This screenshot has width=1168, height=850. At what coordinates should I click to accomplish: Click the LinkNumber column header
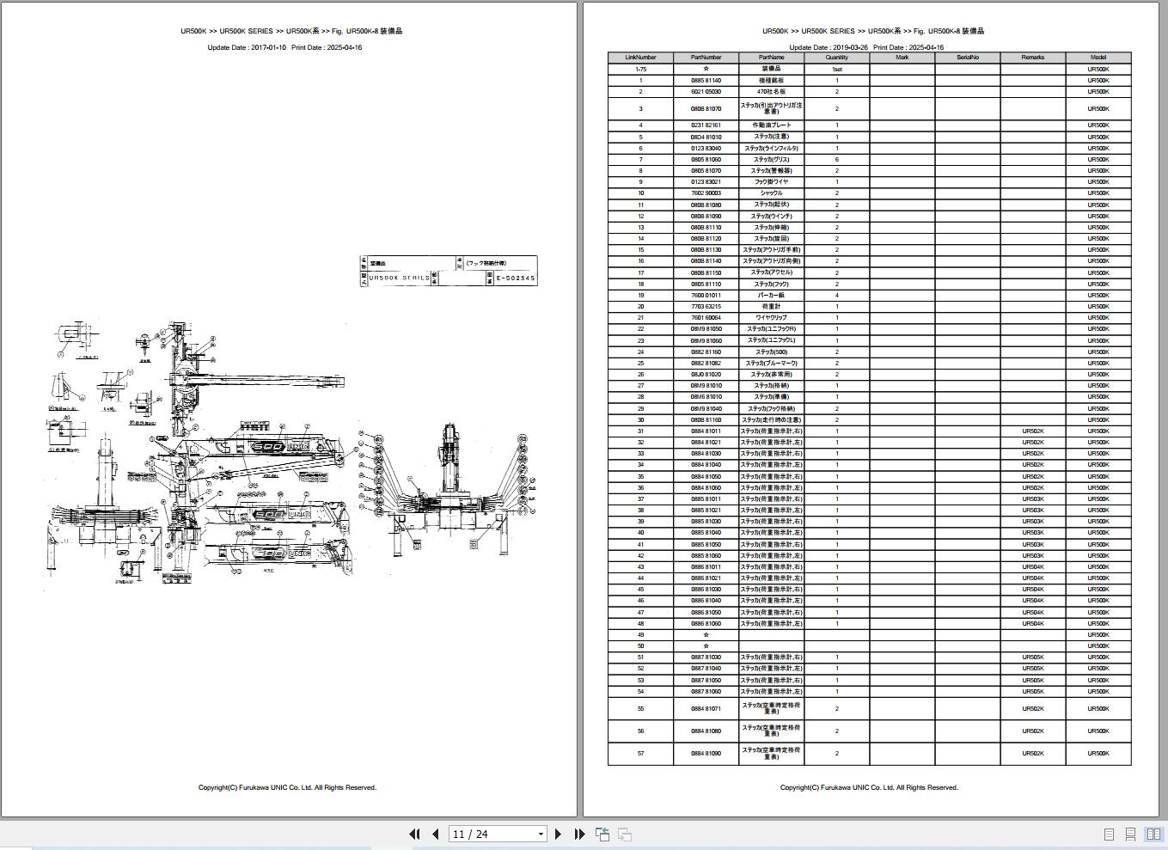click(x=640, y=58)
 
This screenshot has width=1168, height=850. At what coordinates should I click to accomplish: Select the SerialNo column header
click(x=967, y=58)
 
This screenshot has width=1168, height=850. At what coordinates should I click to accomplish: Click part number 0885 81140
click(x=706, y=80)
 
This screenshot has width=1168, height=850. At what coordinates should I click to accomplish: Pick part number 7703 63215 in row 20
click(x=706, y=307)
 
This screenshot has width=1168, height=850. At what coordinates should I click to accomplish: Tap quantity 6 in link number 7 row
click(x=836, y=160)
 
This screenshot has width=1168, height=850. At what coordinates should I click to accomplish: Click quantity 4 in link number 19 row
click(x=836, y=296)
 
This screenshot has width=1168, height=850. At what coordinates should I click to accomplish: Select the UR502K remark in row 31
click(x=1032, y=431)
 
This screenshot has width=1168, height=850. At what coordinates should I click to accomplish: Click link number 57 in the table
click(x=640, y=754)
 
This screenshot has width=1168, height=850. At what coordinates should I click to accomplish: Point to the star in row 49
click(x=706, y=635)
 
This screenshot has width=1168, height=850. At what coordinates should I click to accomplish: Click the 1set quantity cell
click(x=836, y=69)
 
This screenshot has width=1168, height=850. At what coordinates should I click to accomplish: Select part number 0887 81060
click(x=706, y=692)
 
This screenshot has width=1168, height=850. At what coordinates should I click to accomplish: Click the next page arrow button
click(x=559, y=834)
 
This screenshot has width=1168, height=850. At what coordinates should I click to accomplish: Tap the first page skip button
click(x=414, y=834)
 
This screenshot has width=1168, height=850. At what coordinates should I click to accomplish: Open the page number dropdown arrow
click(x=541, y=834)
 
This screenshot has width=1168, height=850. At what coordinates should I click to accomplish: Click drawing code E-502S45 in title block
click(x=516, y=278)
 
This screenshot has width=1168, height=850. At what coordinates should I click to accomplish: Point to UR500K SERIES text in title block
click(x=398, y=278)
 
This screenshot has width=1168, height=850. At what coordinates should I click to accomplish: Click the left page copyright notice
click(x=287, y=787)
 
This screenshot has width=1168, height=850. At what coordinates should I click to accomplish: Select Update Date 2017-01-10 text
click(x=247, y=47)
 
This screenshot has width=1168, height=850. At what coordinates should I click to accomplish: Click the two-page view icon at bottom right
click(x=1153, y=834)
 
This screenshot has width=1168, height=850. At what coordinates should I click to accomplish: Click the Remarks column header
click(x=1032, y=58)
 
